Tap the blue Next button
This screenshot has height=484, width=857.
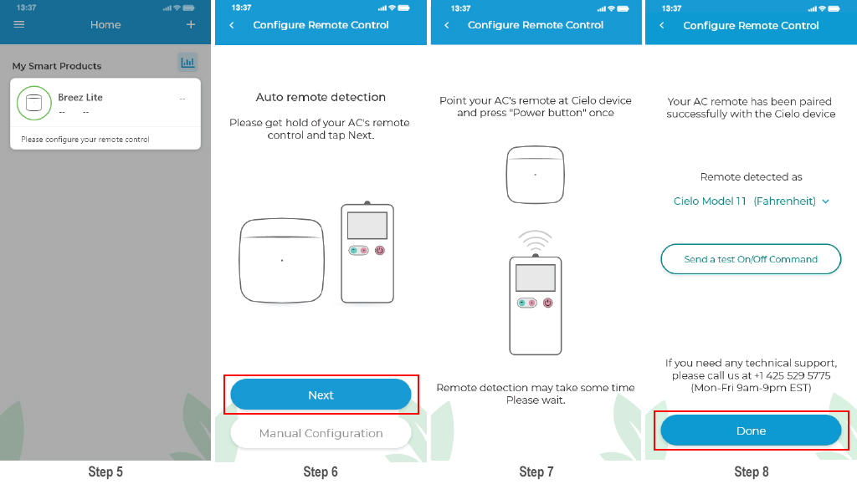click(x=321, y=395)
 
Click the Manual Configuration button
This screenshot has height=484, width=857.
click(x=321, y=433)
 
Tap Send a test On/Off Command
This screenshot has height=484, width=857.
click(x=751, y=259)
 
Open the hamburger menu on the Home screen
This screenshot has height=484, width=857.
click(x=19, y=24)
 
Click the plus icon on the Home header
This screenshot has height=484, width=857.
click(x=191, y=24)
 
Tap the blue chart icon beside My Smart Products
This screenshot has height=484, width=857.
click(x=187, y=62)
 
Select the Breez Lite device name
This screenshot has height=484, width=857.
click(x=80, y=97)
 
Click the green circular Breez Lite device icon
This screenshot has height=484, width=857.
click(x=33, y=103)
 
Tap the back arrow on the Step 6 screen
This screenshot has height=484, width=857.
click(x=232, y=25)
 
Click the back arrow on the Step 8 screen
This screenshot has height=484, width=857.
click(x=662, y=26)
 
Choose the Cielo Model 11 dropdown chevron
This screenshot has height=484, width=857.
click(x=825, y=201)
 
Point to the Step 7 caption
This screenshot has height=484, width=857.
click(x=536, y=472)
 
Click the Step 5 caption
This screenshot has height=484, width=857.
click(x=105, y=472)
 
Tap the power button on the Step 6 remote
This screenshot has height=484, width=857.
click(x=380, y=251)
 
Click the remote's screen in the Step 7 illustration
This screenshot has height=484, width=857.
click(x=536, y=278)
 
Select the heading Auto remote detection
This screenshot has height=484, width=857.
click(x=321, y=97)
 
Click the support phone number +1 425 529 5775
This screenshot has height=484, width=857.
click(x=792, y=375)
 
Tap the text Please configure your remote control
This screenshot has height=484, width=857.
click(x=85, y=140)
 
